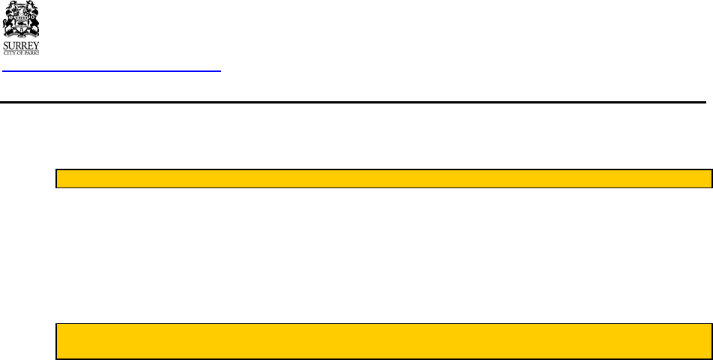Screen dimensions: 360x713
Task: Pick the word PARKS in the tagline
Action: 33,52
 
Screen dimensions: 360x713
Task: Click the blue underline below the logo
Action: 112,71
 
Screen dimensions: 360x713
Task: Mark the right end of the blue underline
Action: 220,71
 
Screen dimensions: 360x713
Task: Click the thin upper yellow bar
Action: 384,178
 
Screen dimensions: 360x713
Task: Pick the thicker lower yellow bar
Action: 384,341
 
